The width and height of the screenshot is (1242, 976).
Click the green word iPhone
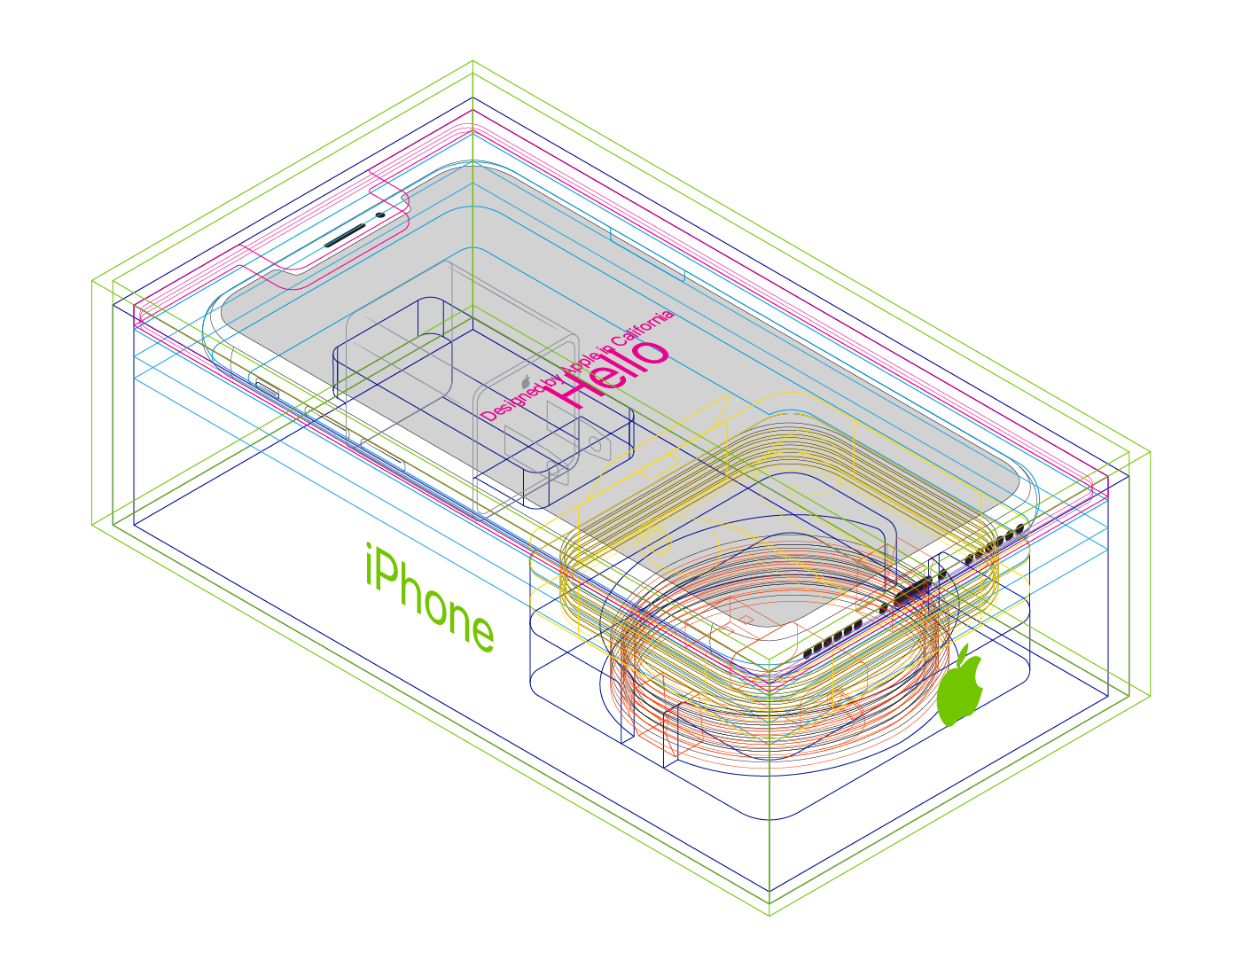[x=430, y=597]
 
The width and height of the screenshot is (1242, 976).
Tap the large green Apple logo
[x=960, y=687]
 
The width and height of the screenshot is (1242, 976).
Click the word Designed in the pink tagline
[x=512, y=403]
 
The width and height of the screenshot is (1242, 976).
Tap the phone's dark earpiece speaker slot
[x=345, y=236]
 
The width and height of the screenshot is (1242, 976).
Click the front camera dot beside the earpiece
[x=380, y=215]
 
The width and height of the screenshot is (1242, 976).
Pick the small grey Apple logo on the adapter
[x=526, y=382]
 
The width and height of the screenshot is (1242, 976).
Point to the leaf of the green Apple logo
[x=964, y=655]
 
